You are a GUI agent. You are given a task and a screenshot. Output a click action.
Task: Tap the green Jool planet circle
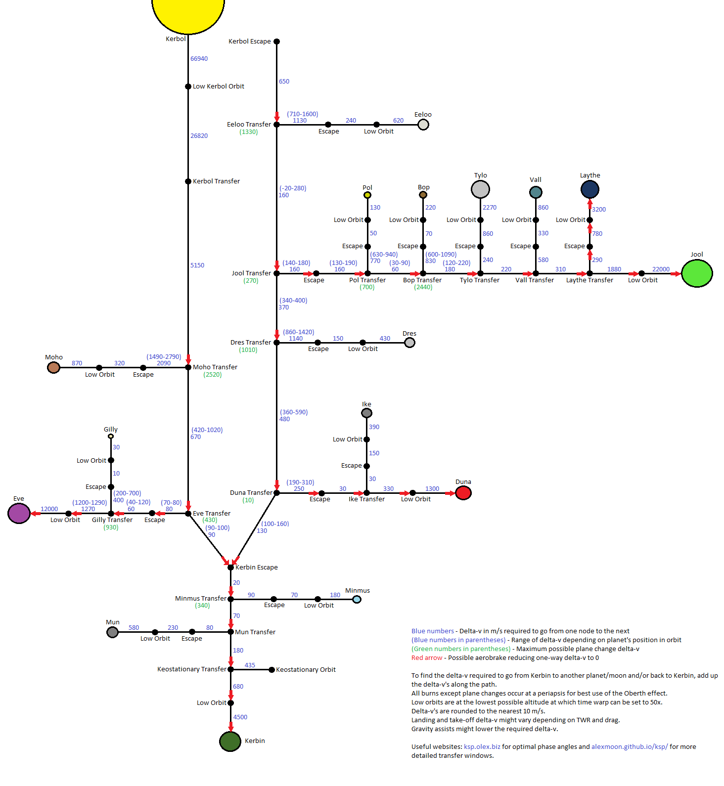(697, 273)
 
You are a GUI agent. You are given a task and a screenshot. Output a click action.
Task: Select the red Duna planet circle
(463, 493)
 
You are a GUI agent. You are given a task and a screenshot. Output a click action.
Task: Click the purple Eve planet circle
(19, 514)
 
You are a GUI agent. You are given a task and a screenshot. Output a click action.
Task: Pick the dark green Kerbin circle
(230, 741)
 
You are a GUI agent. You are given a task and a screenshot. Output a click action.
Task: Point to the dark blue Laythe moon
(589, 189)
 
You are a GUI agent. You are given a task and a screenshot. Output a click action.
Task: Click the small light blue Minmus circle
(357, 600)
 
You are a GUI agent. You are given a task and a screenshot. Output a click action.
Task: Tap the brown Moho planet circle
(53, 367)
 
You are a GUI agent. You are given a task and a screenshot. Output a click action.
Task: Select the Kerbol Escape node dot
(276, 42)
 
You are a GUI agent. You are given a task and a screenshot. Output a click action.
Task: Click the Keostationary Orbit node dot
(271, 670)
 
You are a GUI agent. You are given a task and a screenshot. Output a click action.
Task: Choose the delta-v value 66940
(199, 59)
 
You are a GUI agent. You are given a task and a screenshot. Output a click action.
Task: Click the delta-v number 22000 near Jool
(661, 269)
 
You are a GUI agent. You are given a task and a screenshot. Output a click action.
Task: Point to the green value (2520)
(213, 375)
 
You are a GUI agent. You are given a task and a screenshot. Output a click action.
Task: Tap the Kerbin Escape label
(256, 568)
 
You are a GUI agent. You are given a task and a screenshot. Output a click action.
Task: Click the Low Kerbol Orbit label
(218, 87)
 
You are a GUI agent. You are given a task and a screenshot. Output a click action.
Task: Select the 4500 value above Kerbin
(240, 717)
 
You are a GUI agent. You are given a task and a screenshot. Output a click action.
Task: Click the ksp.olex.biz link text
(482, 747)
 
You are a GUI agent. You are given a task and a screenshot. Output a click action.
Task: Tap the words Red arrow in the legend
(427, 658)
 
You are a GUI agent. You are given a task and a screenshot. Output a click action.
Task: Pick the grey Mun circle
(112, 632)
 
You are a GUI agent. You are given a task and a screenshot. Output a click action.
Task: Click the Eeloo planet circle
(423, 125)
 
